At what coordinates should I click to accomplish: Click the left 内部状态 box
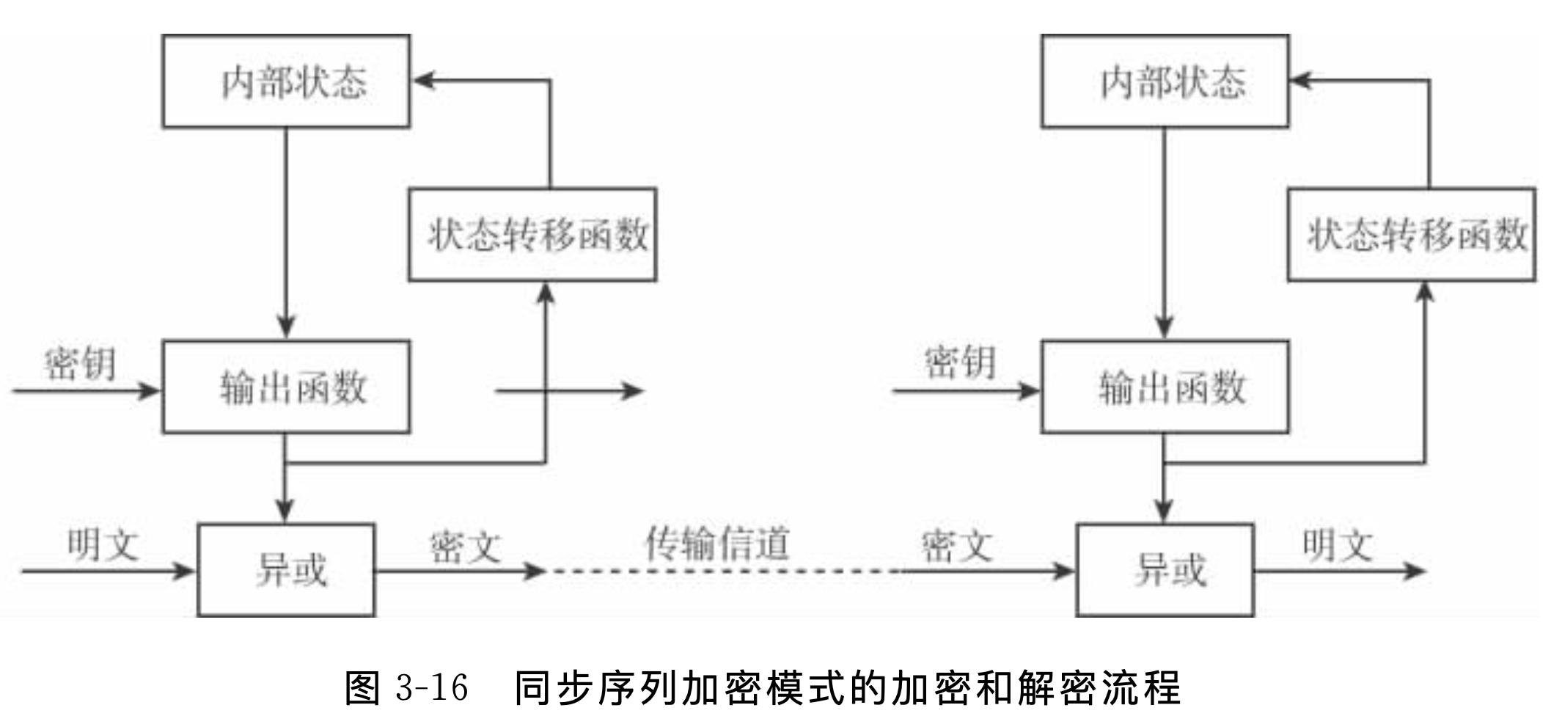[x=286, y=81]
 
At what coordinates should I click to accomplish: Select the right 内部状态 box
[x=1165, y=81]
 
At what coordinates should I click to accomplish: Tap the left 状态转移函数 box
[x=532, y=235]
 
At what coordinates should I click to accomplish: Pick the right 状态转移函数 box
[x=1412, y=235]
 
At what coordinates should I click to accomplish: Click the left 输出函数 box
[x=286, y=387]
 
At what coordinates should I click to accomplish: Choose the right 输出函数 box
[x=1165, y=387]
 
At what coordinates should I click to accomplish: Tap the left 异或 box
[x=286, y=570]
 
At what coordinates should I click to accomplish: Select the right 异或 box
[x=1165, y=570]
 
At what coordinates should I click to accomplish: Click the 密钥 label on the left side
[x=80, y=363]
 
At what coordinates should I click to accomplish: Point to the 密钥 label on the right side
[x=959, y=363]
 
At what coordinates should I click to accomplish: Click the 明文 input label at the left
[x=103, y=545]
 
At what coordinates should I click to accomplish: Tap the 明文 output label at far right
[x=1337, y=545]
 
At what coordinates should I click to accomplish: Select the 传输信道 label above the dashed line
[x=716, y=544]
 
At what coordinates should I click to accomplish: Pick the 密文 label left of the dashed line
[x=465, y=547]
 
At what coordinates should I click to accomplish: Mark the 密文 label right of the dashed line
[x=956, y=547]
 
